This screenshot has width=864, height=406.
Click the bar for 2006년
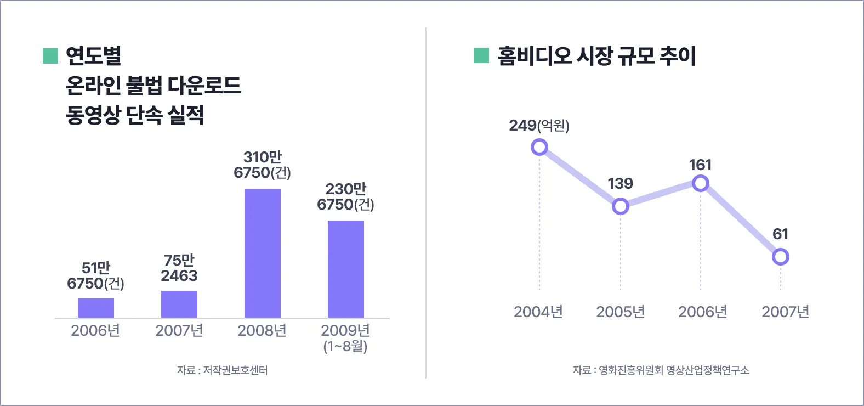pyautogui.click(x=96, y=308)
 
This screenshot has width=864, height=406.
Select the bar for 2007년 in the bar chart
pyautogui.click(x=179, y=304)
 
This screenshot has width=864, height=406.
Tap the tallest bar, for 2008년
pyautogui.click(x=263, y=253)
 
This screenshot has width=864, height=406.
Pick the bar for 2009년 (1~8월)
pyautogui.click(x=346, y=269)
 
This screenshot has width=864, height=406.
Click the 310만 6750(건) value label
pyautogui.click(x=262, y=165)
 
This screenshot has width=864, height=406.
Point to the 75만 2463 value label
pyautogui.click(x=179, y=268)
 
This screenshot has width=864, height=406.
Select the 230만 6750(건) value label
pyautogui.click(x=345, y=197)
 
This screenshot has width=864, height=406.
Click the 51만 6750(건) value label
pyautogui.click(x=96, y=276)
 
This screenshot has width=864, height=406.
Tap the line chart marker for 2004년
pyautogui.click(x=539, y=147)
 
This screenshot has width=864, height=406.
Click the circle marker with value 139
pyautogui.click(x=621, y=206)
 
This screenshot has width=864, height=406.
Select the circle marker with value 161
pyautogui.click(x=701, y=183)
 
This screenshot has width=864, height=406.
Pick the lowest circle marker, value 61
pyautogui.click(x=781, y=257)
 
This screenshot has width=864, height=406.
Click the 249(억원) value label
pyautogui.click(x=539, y=126)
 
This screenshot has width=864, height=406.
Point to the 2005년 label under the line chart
pyautogui.click(x=621, y=312)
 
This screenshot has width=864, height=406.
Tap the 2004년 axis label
pyautogui.click(x=538, y=312)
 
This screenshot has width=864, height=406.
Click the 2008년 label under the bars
pyautogui.click(x=262, y=330)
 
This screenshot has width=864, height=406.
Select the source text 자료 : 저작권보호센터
pyautogui.click(x=222, y=370)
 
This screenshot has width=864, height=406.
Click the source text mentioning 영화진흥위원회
pyautogui.click(x=661, y=370)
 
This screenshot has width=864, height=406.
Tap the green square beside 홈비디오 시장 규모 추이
pyautogui.click(x=481, y=55)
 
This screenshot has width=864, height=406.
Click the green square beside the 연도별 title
pyautogui.click(x=50, y=55)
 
